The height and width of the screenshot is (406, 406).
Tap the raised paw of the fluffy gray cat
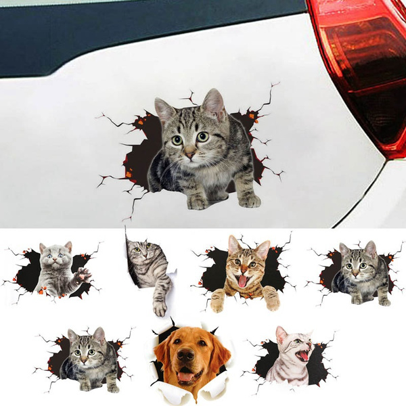[83, 274]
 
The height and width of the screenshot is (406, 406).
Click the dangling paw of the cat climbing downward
[160, 307]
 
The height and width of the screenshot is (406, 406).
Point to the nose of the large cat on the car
[191, 154]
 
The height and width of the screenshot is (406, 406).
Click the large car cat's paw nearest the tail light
[248, 200]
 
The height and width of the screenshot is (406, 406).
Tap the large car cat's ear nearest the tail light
[214, 105]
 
